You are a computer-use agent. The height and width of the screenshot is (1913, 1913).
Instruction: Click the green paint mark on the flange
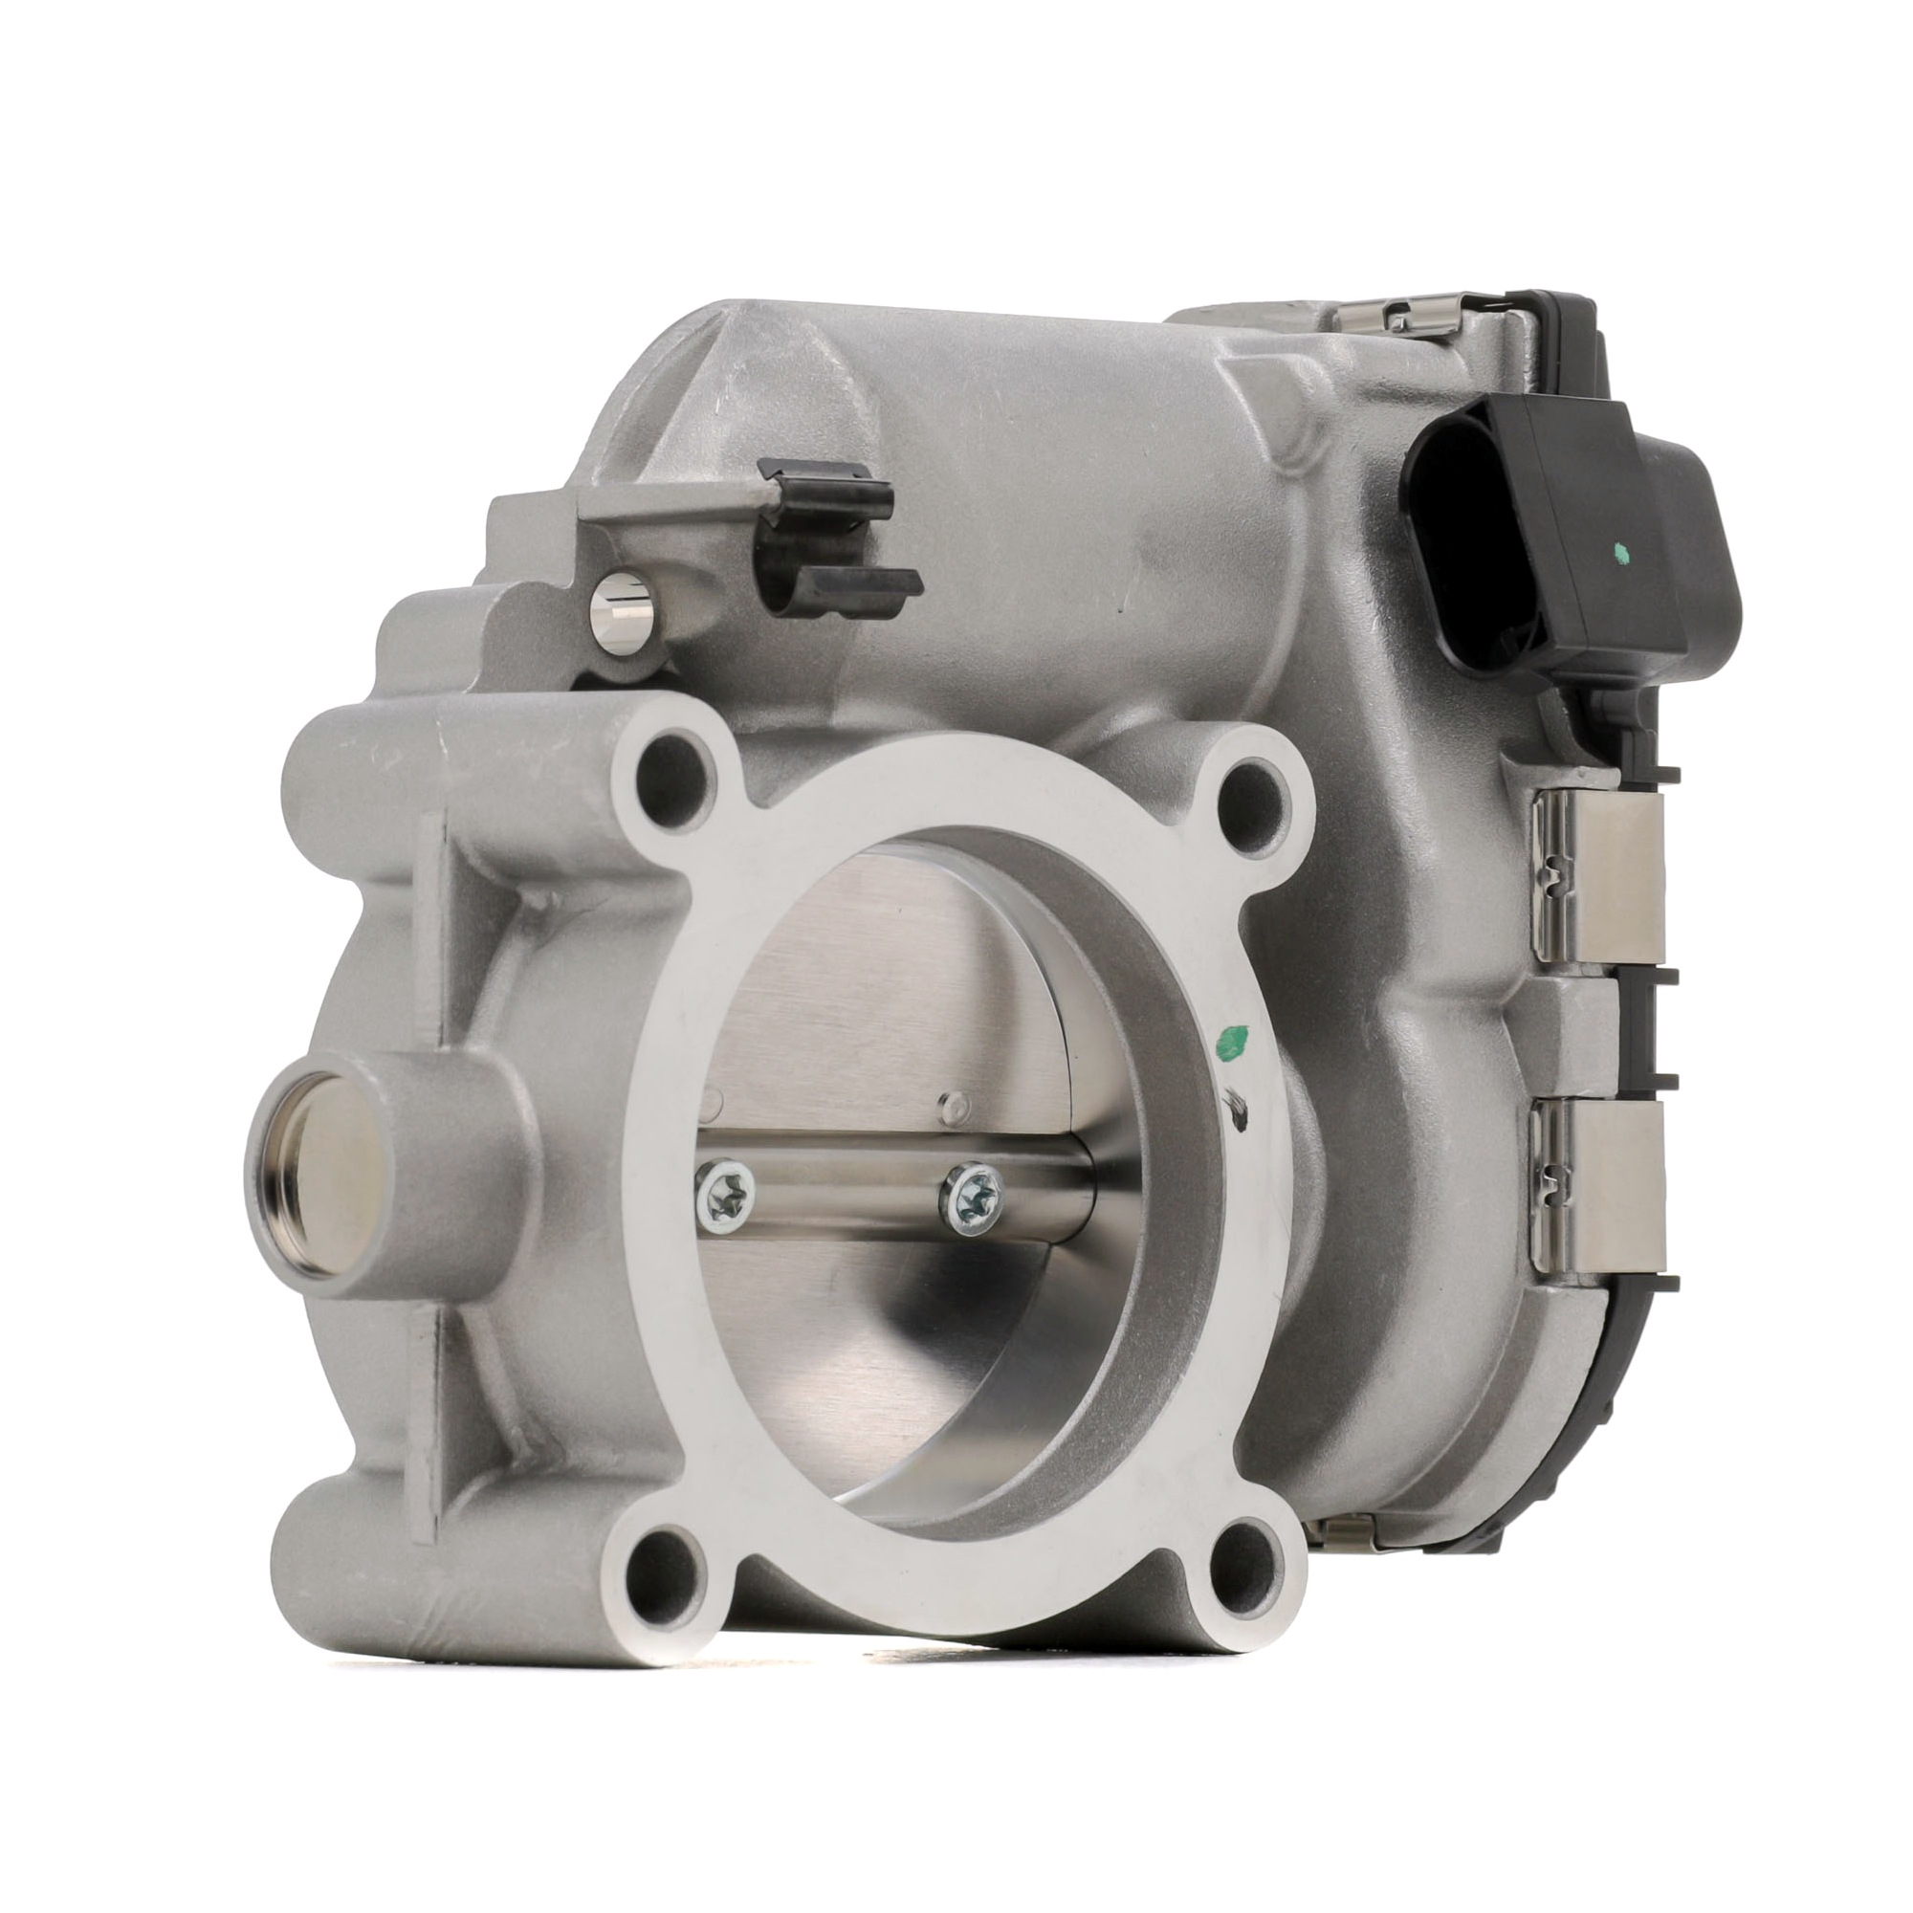(x=1231, y=1042)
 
